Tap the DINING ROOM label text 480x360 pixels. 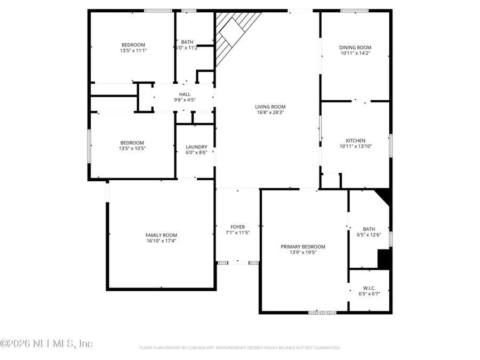(355, 47)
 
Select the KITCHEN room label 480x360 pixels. (355, 141)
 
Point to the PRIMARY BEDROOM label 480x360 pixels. (302, 246)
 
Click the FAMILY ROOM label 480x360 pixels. (161, 235)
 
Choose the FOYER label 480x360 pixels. (237, 227)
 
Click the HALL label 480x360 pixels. (185, 94)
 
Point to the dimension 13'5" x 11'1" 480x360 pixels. (133, 51)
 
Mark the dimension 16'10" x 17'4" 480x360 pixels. (161, 241)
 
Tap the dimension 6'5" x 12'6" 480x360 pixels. (369, 233)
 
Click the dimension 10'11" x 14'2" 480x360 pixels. (355, 53)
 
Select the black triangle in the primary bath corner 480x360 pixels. (385, 197)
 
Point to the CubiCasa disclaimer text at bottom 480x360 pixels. (239, 348)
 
